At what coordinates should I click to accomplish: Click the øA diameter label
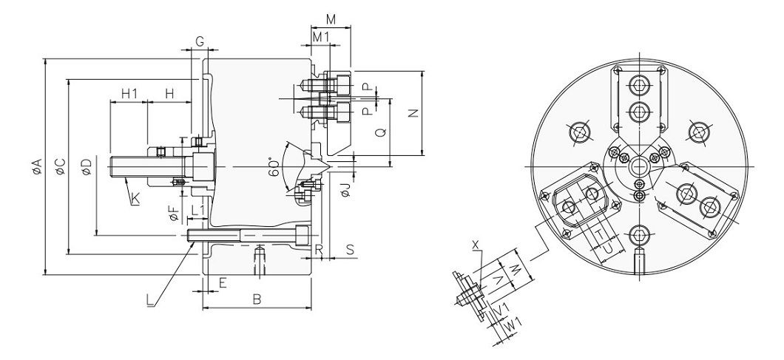click(36, 166)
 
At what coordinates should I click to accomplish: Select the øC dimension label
click(60, 166)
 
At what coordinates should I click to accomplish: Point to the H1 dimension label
click(129, 93)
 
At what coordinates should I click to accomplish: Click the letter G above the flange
click(200, 41)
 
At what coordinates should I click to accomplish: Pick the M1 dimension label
click(320, 36)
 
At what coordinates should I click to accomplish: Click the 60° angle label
click(273, 166)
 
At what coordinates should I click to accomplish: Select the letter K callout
click(135, 199)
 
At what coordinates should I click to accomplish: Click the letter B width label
click(257, 299)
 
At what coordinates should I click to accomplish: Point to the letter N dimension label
click(413, 114)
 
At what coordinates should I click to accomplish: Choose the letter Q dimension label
click(380, 132)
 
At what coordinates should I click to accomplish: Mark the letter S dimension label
click(350, 249)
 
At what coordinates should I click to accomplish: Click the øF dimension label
click(174, 214)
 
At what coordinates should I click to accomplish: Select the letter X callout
click(476, 245)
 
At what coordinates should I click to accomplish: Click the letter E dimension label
click(223, 283)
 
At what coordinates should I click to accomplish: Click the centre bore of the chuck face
click(639, 166)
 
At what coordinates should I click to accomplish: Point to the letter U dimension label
click(608, 248)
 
